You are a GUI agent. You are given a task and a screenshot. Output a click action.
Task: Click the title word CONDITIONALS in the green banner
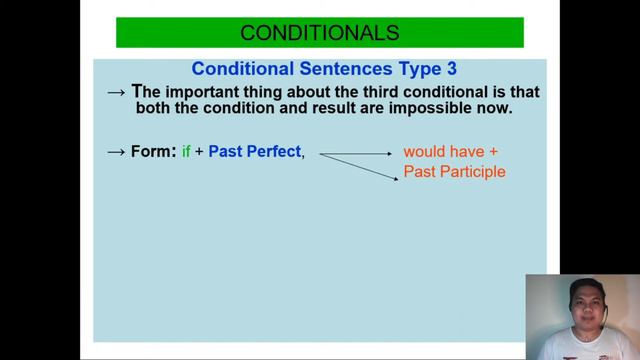coord(319,32)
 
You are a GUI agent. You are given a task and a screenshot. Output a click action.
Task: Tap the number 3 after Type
coord(451,69)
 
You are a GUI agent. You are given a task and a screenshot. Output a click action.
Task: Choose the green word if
coord(186,152)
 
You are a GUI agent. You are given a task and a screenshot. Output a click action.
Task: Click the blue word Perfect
coord(273,152)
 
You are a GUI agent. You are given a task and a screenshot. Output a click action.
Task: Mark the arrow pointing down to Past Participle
coord(360,166)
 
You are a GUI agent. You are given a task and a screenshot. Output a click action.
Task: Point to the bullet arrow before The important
coord(116,92)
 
